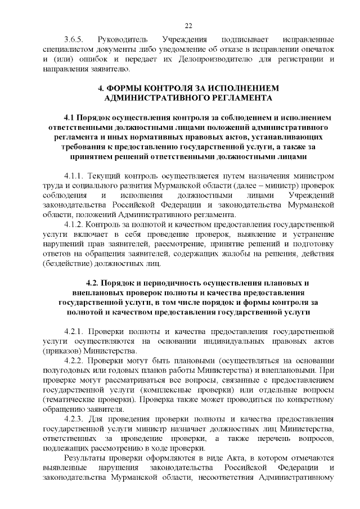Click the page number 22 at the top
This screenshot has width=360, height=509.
click(188, 25)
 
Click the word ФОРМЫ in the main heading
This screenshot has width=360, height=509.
click(125, 88)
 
